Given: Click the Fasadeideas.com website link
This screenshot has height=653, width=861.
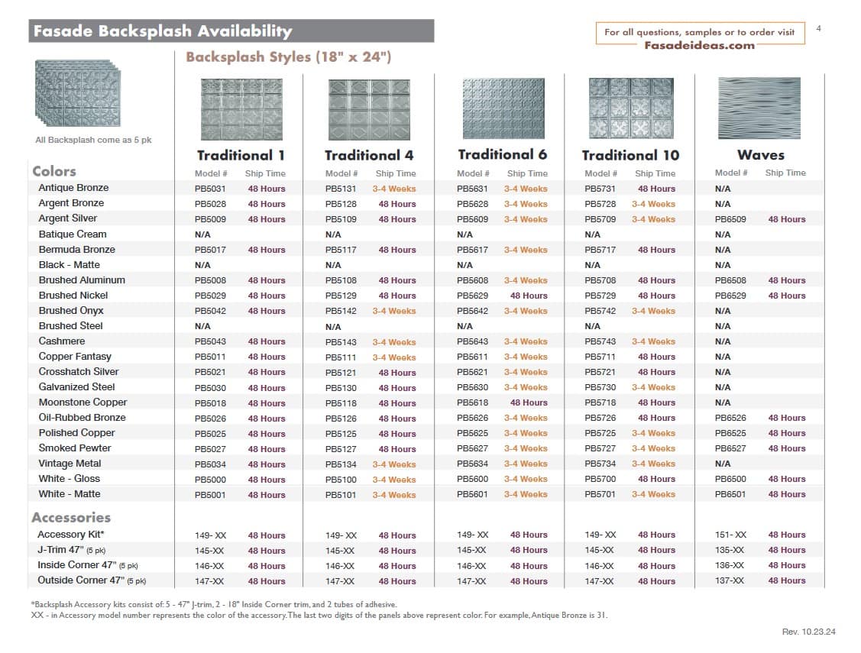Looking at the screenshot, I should pyautogui.click(x=699, y=45).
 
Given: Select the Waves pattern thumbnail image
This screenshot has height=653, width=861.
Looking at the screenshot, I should pyautogui.click(x=759, y=108).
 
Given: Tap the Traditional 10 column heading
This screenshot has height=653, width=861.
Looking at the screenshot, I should pyautogui.click(x=630, y=155).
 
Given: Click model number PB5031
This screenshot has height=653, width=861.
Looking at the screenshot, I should pyautogui.click(x=210, y=189).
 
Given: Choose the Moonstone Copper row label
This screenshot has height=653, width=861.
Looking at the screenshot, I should pyautogui.click(x=83, y=402).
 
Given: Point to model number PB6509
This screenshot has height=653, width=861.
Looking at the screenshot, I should pyautogui.click(x=730, y=219).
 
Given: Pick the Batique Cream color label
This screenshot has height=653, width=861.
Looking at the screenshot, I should pyautogui.click(x=73, y=234).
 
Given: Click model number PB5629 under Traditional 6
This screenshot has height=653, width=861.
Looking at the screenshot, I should pyautogui.click(x=472, y=296).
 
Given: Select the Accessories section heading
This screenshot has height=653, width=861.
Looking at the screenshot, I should pyautogui.click(x=71, y=517).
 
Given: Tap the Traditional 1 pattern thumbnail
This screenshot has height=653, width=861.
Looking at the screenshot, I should pyautogui.click(x=241, y=108).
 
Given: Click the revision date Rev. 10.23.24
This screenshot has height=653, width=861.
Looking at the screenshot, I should pyautogui.click(x=809, y=632).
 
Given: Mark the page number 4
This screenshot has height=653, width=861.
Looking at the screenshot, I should pyautogui.click(x=819, y=29).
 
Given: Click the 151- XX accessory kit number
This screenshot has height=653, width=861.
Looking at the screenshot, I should pyautogui.click(x=730, y=535).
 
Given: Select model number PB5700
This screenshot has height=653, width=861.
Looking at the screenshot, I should pyautogui.click(x=600, y=479).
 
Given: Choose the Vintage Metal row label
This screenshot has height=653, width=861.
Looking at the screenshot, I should pyautogui.click(x=70, y=464).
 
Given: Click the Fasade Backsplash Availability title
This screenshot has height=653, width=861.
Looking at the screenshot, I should pyautogui.click(x=161, y=31).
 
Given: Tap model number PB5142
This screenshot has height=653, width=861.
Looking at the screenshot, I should pyautogui.click(x=341, y=311).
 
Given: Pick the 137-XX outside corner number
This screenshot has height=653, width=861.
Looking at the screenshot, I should pyautogui.click(x=730, y=580).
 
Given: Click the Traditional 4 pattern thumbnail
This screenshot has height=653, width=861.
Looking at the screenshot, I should pyautogui.click(x=369, y=108).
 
